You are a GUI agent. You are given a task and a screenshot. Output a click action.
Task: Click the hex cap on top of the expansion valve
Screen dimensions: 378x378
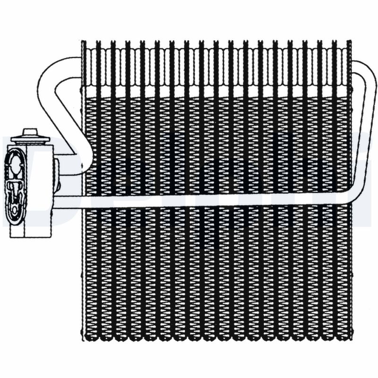(30, 132)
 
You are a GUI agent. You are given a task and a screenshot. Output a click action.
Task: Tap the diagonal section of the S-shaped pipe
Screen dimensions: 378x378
(71, 118)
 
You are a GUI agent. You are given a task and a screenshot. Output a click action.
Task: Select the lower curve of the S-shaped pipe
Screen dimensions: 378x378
(85, 163)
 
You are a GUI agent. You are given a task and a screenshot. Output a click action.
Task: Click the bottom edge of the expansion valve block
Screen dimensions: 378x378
(31, 236)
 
